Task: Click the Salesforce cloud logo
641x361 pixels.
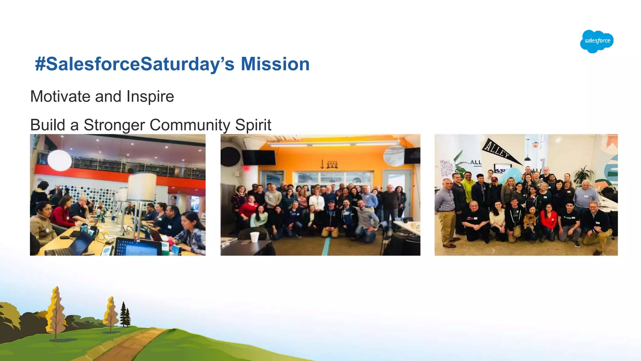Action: pyautogui.click(x=597, y=41)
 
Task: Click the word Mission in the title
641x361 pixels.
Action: pyautogui.click(x=275, y=64)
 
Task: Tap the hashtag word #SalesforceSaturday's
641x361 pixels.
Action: pyautogui.click(x=135, y=64)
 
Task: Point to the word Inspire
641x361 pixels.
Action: pyautogui.click(x=150, y=97)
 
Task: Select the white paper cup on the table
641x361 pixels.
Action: pyautogui.click(x=254, y=237)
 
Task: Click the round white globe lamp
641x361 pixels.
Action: pyautogui.click(x=59, y=160)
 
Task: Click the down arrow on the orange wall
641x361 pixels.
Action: pyautogui.click(x=322, y=164)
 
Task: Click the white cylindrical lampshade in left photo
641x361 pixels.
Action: pyautogui.click(x=142, y=187)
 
